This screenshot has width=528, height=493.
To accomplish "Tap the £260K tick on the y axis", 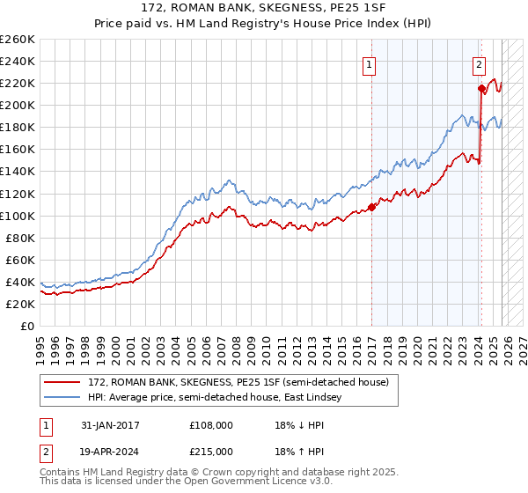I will coord(18,40).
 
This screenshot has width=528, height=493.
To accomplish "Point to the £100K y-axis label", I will coord(18,216).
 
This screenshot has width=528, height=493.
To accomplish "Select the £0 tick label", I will coord(26,326).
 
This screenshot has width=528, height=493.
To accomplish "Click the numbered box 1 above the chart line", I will coord(369,63).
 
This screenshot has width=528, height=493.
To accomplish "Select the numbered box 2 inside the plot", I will coord(479,63).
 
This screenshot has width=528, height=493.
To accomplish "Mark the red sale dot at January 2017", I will coord(371,207).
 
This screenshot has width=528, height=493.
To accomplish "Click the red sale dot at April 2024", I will coord(481,88).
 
